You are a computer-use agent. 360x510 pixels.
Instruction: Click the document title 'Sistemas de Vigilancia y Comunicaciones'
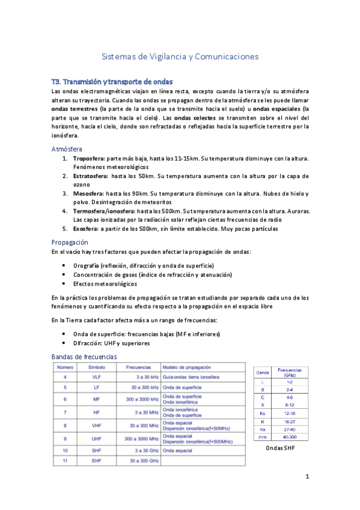(x=180, y=57)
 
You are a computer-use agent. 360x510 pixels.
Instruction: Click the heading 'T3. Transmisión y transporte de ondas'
(x=112, y=81)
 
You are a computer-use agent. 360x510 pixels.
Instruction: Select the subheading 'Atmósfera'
(x=67, y=149)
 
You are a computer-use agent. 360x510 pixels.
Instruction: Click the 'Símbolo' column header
(x=97, y=367)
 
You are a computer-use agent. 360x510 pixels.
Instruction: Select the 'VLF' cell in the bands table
(x=97, y=376)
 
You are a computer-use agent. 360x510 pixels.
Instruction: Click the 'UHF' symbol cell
(x=97, y=438)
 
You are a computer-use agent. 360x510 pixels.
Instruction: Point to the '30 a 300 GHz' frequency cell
(x=142, y=461)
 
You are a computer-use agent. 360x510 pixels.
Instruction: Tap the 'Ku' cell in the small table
(x=260, y=413)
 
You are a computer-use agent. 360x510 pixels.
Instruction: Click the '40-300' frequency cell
(x=290, y=437)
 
